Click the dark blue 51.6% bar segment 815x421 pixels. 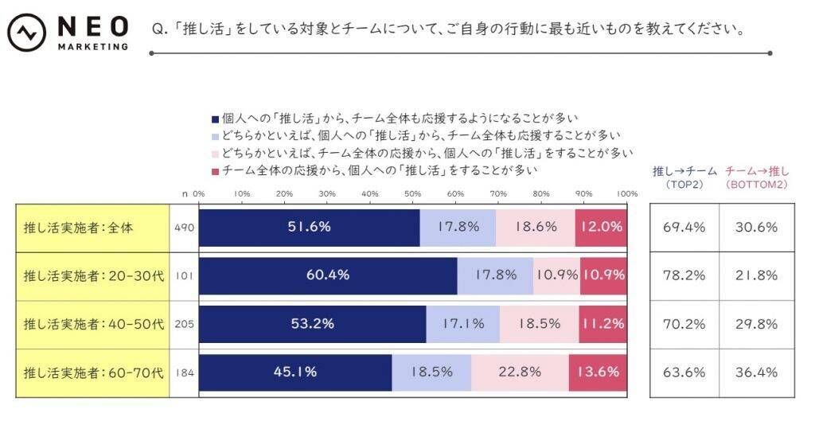click(x=309, y=227)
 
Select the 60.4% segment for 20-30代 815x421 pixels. click(x=328, y=275)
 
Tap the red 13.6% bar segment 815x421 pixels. click(x=598, y=372)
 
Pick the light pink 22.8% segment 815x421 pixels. click(x=520, y=372)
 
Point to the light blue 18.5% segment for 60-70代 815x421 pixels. click(x=431, y=372)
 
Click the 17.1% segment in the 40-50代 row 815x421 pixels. click(x=463, y=323)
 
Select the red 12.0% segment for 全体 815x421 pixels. click(x=601, y=227)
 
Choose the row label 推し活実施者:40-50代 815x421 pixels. click(x=92, y=323)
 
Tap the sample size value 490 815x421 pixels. click(x=184, y=227)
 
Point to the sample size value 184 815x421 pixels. click(x=184, y=372)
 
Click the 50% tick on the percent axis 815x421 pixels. click(x=412, y=193)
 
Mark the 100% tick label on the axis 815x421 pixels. click(x=627, y=193)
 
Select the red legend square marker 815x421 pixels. click(x=215, y=170)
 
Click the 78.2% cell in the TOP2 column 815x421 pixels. click(x=684, y=275)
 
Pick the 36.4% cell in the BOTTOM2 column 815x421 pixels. click(x=756, y=372)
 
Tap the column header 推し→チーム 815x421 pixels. click(x=684, y=170)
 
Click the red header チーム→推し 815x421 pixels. click(x=756, y=170)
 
